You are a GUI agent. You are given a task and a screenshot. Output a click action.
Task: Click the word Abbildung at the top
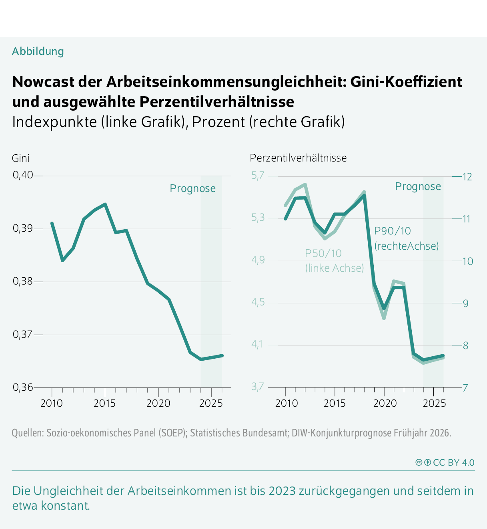pyautogui.click(x=38, y=51)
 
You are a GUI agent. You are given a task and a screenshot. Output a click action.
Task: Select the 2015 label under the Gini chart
pyautogui.click(x=104, y=403)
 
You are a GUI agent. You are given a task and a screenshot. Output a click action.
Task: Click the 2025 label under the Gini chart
pyautogui.click(x=210, y=403)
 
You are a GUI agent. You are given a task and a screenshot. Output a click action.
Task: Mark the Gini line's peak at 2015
pyautogui.click(x=105, y=204)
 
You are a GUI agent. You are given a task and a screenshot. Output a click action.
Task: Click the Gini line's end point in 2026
pyautogui.click(x=222, y=355)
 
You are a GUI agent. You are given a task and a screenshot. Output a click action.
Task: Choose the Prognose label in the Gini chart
pyautogui.click(x=192, y=188)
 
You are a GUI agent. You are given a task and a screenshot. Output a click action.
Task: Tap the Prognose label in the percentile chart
pyautogui.click(x=418, y=186)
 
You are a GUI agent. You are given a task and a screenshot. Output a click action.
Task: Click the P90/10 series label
pyautogui.click(x=392, y=231)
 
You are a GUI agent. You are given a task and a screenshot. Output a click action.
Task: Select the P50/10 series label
pyautogui.click(x=323, y=253)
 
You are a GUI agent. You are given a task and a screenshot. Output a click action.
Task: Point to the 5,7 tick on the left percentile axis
pyautogui.click(x=258, y=176)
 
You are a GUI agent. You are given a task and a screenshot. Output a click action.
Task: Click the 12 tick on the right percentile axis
pyautogui.click(x=467, y=177)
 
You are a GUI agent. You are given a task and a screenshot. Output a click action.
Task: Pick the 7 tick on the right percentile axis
pyautogui.click(x=465, y=388)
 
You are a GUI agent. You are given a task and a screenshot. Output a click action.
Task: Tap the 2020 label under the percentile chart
pyautogui.click(x=385, y=403)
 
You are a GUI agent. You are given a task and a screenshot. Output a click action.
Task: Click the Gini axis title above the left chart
pyautogui.click(x=21, y=158)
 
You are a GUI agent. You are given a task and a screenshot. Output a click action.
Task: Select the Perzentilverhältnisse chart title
pyautogui.click(x=298, y=158)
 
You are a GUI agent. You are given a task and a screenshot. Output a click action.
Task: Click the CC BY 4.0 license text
pyautogui.click(x=453, y=462)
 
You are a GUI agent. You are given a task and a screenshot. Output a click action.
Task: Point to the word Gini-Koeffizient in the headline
pyautogui.click(x=406, y=82)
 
